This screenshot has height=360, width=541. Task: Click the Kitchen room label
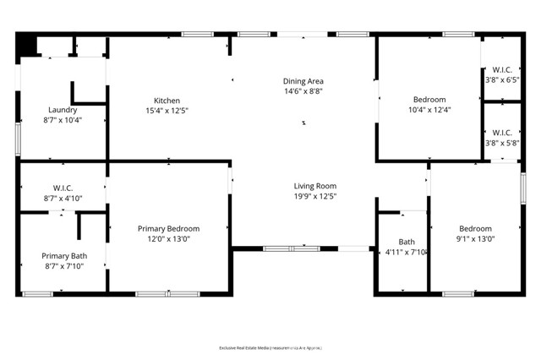[x=167, y=99]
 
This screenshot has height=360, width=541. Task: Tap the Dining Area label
[x=303, y=81]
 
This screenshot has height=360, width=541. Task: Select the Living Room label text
[x=314, y=186]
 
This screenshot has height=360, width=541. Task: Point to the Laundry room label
[x=63, y=110]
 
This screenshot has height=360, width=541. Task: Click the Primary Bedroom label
[x=168, y=228]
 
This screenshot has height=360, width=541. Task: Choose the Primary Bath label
[x=64, y=255]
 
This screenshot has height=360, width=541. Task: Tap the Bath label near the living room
[x=406, y=242]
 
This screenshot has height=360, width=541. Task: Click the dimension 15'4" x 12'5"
[x=167, y=110]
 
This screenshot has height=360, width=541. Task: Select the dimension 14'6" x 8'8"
[x=303, y=91]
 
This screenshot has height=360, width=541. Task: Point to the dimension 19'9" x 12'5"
[x=314, y=197]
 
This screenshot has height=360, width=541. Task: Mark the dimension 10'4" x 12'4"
[x=429, y=110]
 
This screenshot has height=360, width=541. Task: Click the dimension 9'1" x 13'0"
[x=475, y=239]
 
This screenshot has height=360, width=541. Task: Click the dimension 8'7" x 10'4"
[x=63, y=120]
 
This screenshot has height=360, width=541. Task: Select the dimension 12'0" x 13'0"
[x=168, y=239]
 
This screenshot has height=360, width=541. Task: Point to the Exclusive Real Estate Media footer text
[x=270, y=347]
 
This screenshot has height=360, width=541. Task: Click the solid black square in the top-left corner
[x=26, y=44]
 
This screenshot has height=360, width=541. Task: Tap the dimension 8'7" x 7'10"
[x=64, y=266]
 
